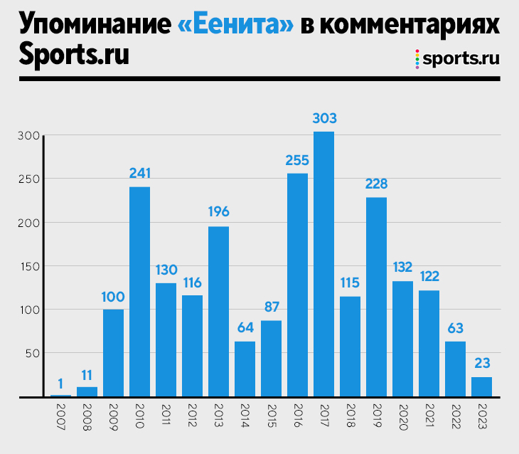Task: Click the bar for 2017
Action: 323,264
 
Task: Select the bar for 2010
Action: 139,291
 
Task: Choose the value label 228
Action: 376,184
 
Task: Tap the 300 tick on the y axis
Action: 31,136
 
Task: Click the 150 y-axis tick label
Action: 31,266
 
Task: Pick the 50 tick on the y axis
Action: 33,353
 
